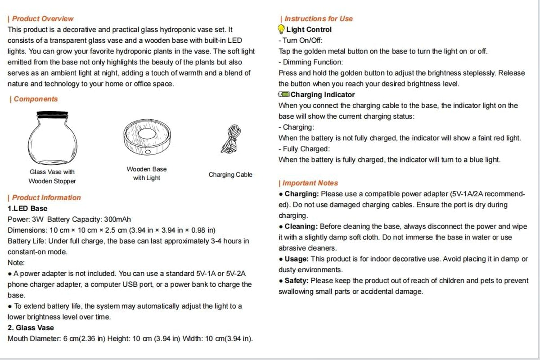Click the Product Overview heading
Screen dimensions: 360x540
coord(42,19)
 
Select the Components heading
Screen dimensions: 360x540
coord(36,99)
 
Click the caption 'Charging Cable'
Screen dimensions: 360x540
coord(230,175)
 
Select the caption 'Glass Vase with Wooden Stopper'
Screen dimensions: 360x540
coord(52,176)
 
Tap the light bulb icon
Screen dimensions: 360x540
coord(281,30)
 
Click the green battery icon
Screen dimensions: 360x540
coord(284,94)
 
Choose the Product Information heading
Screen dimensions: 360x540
coord(46,198)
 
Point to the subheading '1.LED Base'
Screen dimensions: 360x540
coord(27,209)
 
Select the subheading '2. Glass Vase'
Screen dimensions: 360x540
coord(31,328)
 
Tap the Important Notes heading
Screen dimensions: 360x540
coord(310,183)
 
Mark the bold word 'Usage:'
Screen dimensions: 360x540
coord(296,259)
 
